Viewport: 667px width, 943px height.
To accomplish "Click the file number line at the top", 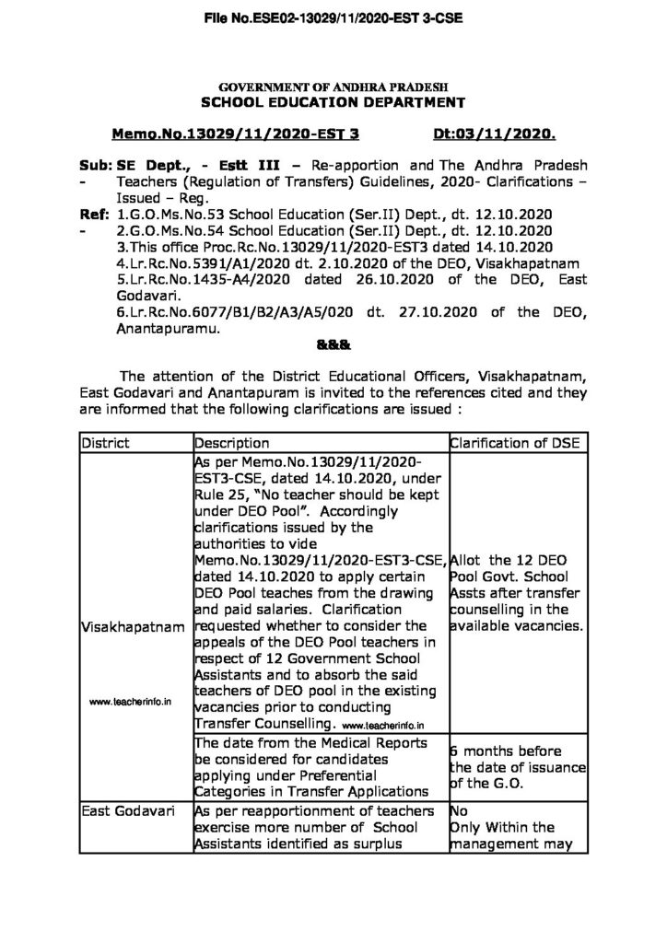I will coord(333,16).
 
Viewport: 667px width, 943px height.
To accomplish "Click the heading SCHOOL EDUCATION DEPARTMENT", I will coord(333,101).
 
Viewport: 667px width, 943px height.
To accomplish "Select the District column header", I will coord(106,443).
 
